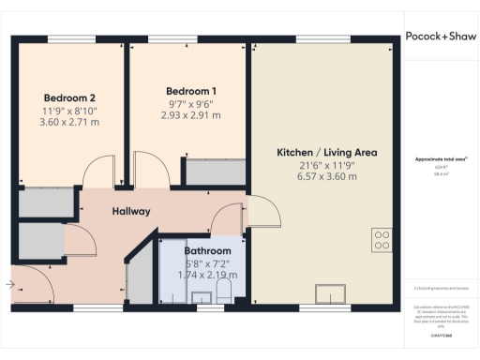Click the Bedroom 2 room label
[x=69, y=97]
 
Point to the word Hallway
[x=131, y=211]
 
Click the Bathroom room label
[x=207, y=251]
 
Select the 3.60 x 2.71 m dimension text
[x=69, y=122]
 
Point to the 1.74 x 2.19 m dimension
[x=207, y=276]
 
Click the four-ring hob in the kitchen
[x=382, y=240]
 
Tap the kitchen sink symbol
[x=329, y=294]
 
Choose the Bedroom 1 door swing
[x=151, y=172]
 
